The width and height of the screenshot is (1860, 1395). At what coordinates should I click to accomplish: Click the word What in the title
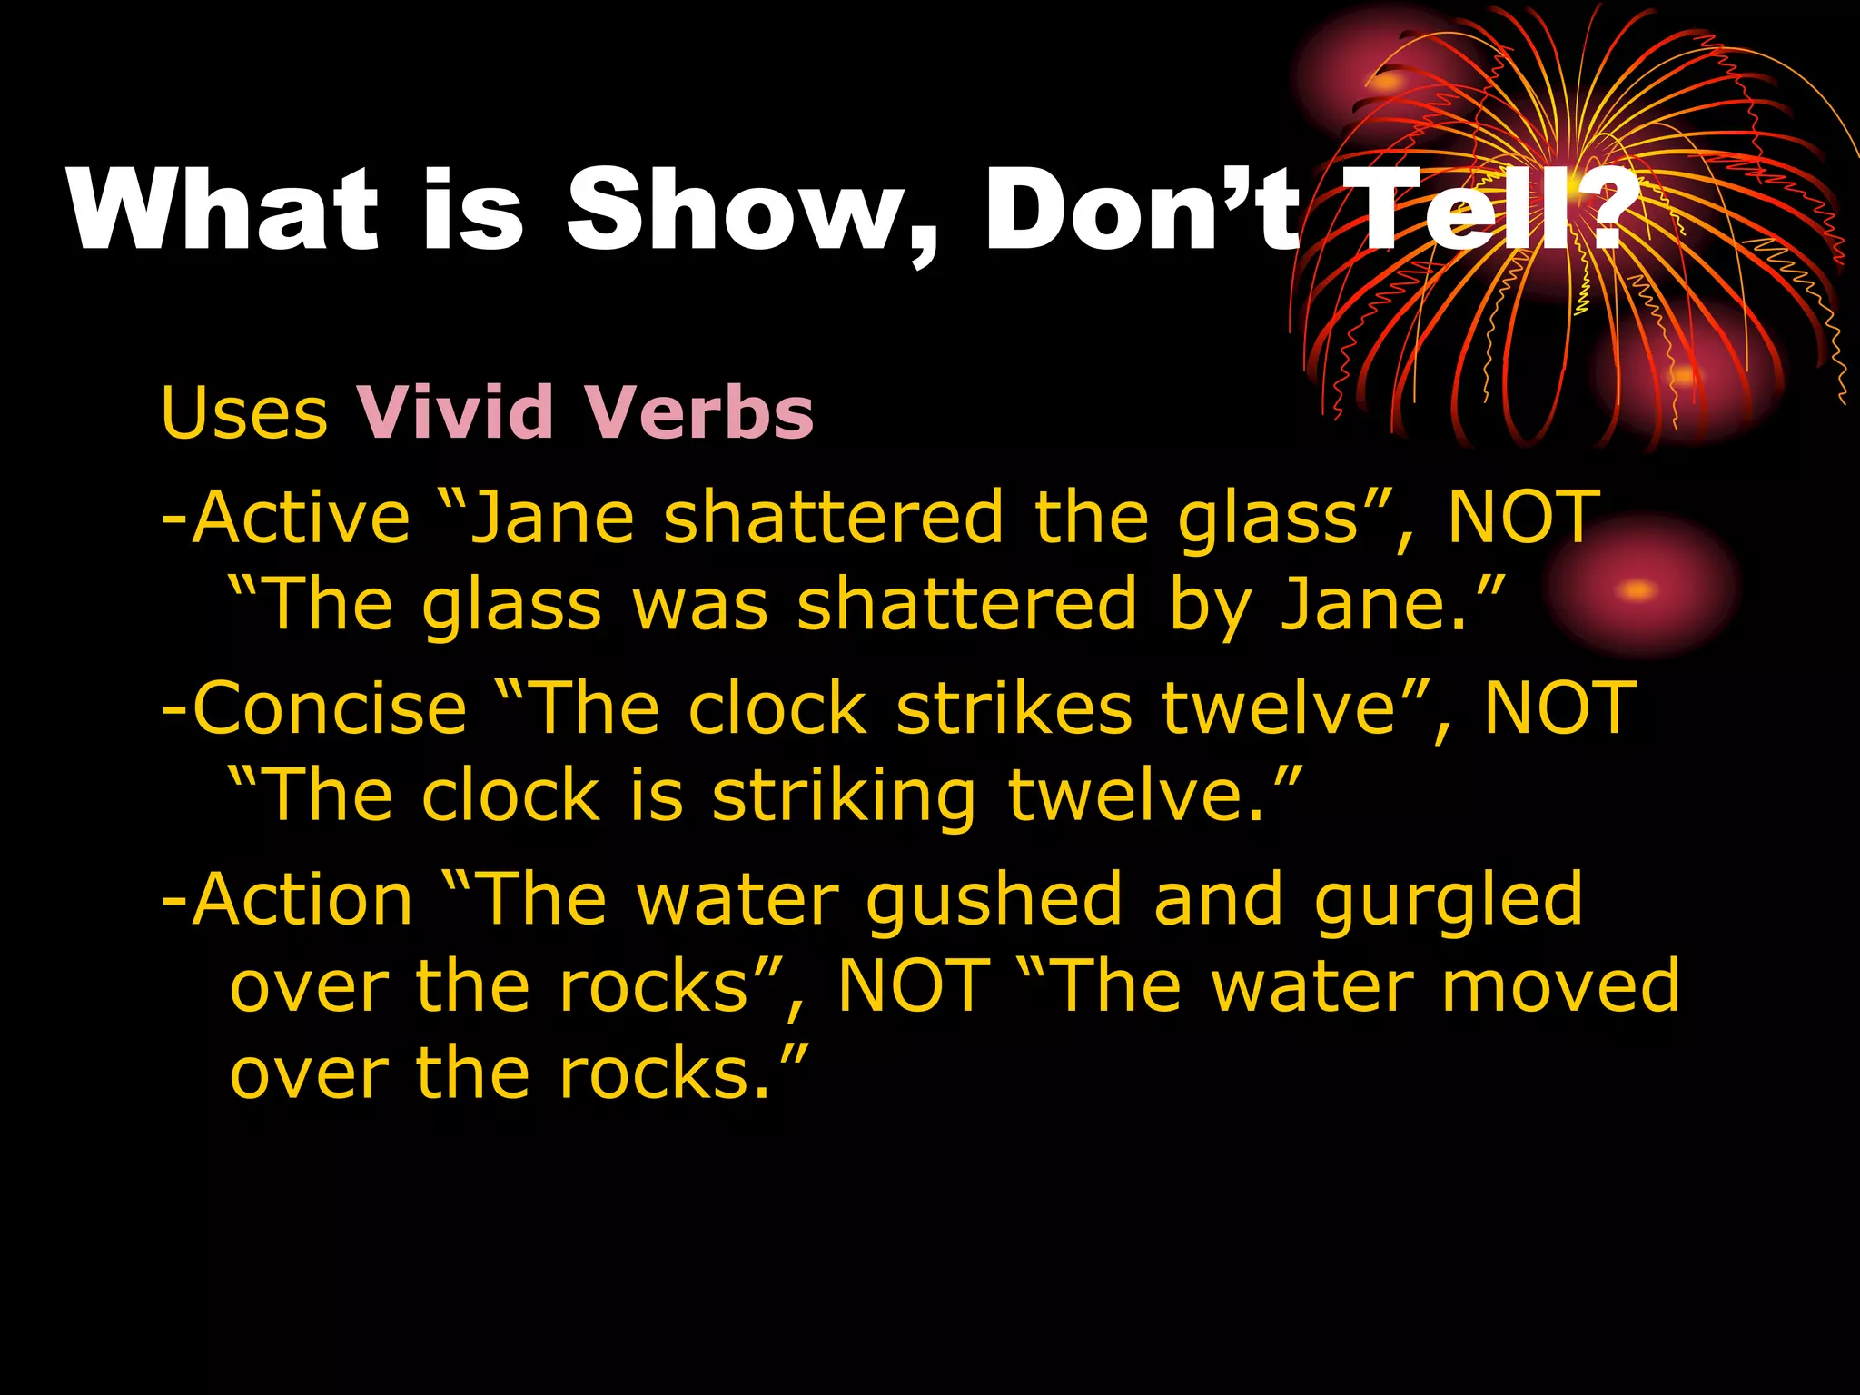point(223,211)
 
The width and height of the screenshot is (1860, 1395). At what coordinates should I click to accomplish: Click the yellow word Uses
point(243,413)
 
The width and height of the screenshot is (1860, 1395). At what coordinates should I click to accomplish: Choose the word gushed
point(994,900)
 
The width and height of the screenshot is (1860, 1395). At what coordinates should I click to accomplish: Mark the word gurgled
point(1449,900)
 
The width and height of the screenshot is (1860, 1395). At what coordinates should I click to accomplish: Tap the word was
point(700,605)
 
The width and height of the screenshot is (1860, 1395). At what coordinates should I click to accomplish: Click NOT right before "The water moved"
point(913,986)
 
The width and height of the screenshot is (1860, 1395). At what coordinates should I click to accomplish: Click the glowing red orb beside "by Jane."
point(1640,589)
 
